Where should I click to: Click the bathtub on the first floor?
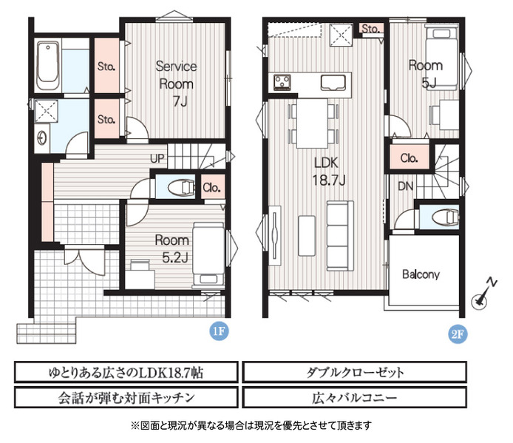coord(48,66)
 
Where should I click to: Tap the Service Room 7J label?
coord(176,84)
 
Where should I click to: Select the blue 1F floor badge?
coord(219,331)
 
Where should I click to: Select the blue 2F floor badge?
coord(458,334)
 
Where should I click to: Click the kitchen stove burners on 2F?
coord(282,82)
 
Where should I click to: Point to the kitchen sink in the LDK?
coord(333,83)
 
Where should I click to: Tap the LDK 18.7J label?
coord(328,172)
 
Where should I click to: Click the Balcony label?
coord(421,274)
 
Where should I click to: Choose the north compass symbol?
coord(483,294)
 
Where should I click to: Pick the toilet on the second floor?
coord(445,217)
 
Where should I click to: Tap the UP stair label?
coord(157,158)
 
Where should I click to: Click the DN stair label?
coord(406,186)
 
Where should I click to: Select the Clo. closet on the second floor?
coord(410,158)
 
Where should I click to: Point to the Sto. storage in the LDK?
coord(371,29)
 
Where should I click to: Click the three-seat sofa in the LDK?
coord(340,236)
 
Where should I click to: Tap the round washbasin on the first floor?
coord(41,138)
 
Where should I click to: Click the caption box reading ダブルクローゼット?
coord(354,372)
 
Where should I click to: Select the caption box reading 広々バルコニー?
coord(354,397)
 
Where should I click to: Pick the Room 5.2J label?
coord(172,248)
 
